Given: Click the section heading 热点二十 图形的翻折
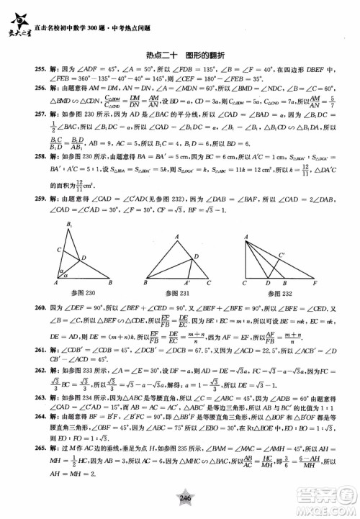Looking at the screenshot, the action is pyautogui.click(x=180, y=54).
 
